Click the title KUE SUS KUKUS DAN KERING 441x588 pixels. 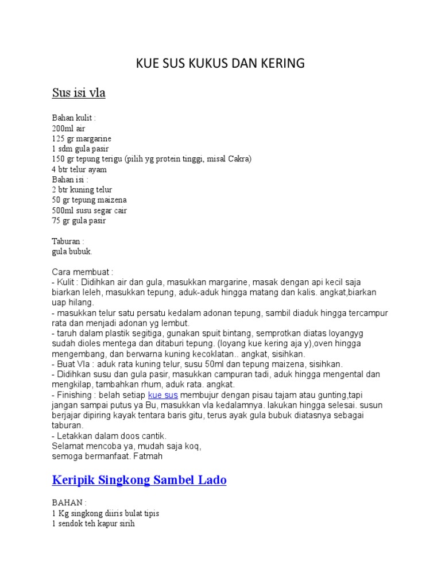(x=220, y=63)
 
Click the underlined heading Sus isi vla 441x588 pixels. (x=79, y=92)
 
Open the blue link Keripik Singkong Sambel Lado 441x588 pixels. (x=139, y=480)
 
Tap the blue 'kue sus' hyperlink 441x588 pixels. (x=163, y=396)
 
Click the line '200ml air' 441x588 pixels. (x=68, y=129)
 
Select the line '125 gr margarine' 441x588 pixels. (x=82, y=139)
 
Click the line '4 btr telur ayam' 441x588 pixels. (x=79, y=169)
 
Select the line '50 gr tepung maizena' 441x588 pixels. (x=89, y=200)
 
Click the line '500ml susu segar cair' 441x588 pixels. (x=89, y=210)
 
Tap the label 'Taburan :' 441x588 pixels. (x=68, y=242)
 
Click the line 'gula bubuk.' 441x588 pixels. (x=72, y=252)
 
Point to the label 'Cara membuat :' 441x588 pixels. (x=83, y=272)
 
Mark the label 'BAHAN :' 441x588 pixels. (x=68, y=502)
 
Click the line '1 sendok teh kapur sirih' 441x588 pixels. (x=93, y=523)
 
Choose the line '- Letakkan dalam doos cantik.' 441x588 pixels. (x=109, y=436)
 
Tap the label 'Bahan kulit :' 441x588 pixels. (x=74, y=118)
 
